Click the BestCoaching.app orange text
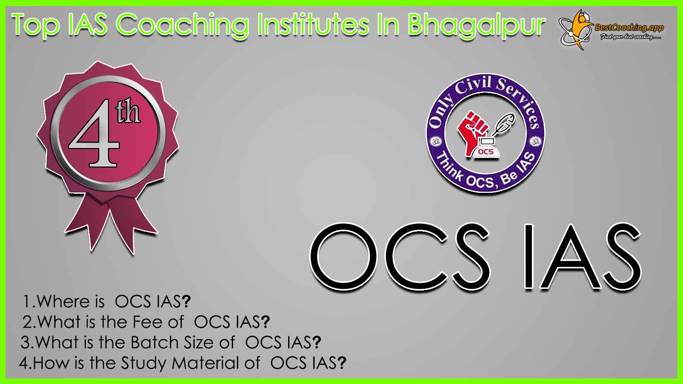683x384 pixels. (629, 28)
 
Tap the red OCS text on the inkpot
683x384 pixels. (486, 152)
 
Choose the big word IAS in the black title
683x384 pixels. (583, 256)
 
